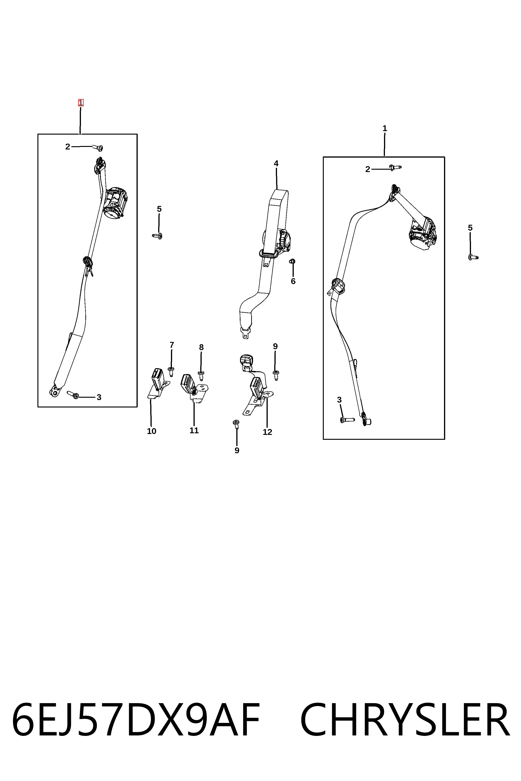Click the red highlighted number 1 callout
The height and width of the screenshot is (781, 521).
point(81,103)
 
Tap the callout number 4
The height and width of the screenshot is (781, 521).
point(276,163)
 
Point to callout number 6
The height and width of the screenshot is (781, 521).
point(293,281)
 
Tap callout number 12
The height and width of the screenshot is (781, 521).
point(267,432)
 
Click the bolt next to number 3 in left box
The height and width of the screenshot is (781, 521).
point(73,395)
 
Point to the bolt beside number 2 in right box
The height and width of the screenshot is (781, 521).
point(395,167)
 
